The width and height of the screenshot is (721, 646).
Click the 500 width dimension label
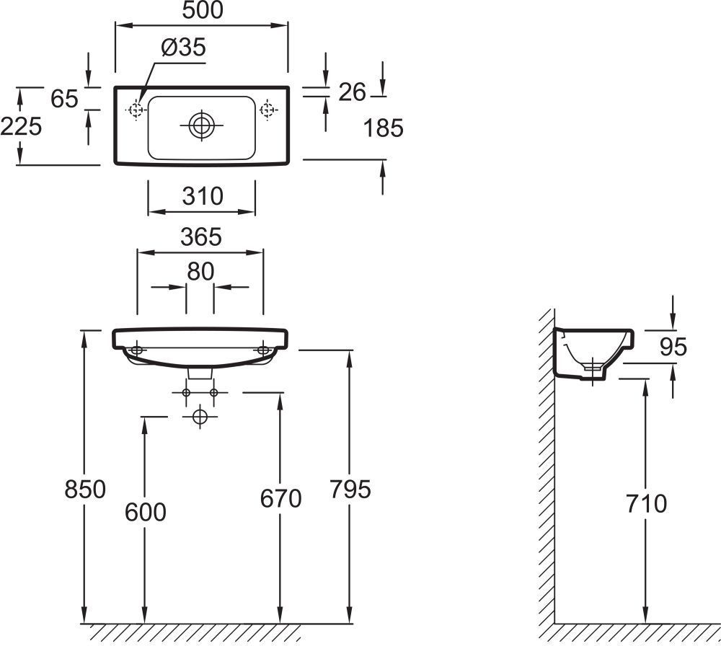[x=203, y=10]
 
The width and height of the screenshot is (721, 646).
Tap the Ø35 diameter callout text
[x=183, y=48]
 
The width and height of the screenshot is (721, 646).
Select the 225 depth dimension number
[x=21, y=126]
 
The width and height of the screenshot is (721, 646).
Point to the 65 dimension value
[x=64, y=99]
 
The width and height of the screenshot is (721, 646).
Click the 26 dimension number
[x=353, y=92]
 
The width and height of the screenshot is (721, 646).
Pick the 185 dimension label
[x=383, y=128]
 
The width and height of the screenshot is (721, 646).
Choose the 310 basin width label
[x=203, y=196]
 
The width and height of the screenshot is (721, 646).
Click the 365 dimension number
[x=201, y=237]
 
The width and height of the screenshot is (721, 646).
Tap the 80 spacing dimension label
[x=200, y=272]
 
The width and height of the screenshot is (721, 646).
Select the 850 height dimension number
[x=85, y=490]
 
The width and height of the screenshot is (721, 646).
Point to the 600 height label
[x=146, y=512]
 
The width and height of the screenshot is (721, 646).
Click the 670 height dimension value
[x=280, y=498]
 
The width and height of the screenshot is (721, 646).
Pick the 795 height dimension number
[x=350, y=490]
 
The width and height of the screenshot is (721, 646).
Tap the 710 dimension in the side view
[x=646, y=504]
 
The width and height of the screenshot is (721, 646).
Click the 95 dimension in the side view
[x=673, y=347]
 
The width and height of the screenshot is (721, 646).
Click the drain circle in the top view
[x=201, y=125]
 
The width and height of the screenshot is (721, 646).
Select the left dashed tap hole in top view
[x=136, y=110]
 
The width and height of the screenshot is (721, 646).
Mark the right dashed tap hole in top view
[x=267, y=110]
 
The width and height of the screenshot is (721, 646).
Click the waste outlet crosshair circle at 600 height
[x=200, y=417]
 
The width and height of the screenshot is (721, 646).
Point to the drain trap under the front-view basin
[x=200, y=373]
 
